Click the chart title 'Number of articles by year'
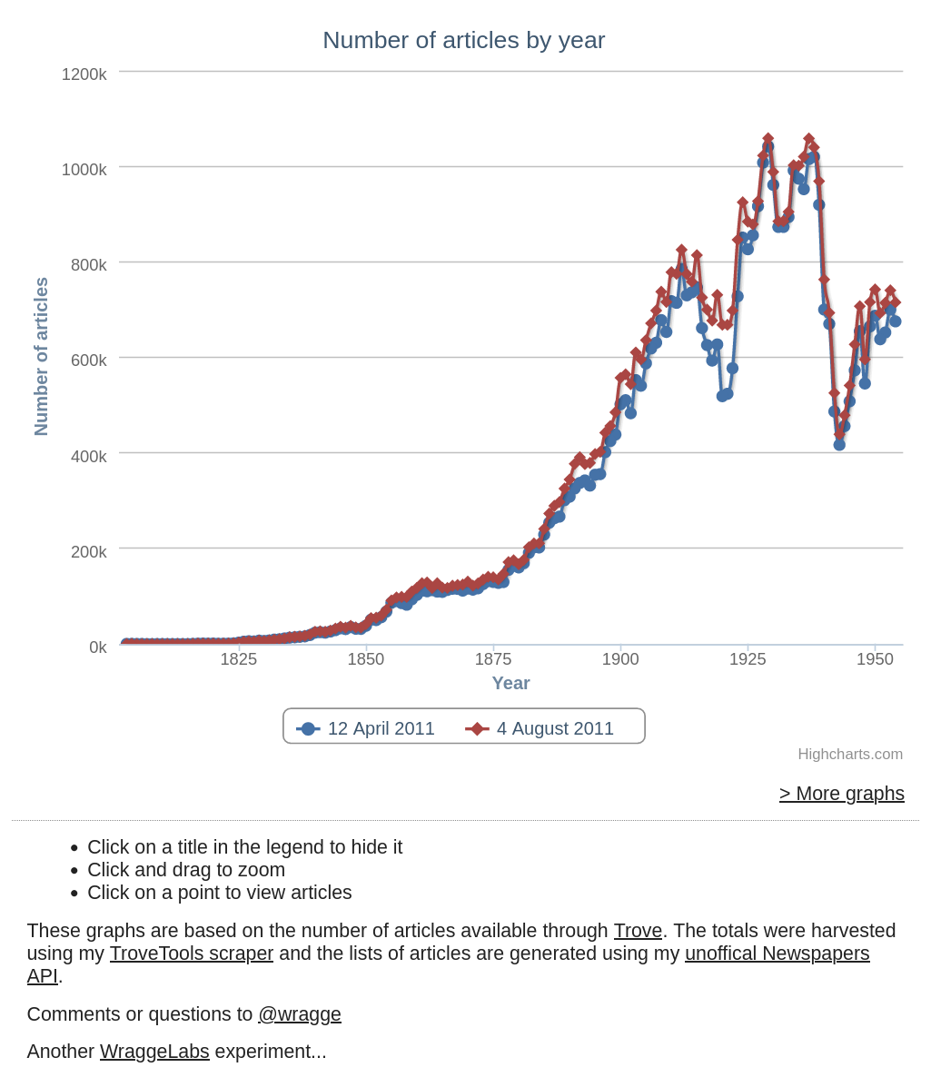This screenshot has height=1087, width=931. [x=463, y=41]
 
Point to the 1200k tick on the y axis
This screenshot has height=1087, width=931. [x=84, y=74]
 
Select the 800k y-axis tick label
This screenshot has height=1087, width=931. [x=88, y=265]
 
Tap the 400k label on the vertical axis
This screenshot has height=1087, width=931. [x=88, y=456]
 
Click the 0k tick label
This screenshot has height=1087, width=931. [x=97, y=647]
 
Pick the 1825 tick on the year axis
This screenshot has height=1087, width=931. [x=239, y=659]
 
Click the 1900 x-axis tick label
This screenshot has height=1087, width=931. [x=620, y=659]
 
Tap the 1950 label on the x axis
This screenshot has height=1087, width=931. [x=875, y=659]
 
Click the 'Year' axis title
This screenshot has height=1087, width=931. [x=510, y=683]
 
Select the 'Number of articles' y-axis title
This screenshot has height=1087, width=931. [x=41, y=356]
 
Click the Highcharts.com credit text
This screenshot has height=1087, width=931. [x=850, y=755]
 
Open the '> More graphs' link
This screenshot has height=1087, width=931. [x=841, y=794]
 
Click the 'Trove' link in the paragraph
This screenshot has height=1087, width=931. [x=638, y=931]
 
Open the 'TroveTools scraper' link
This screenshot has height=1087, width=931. [x=192, y=954]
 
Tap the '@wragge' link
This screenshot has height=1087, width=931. [x=300, y=1014]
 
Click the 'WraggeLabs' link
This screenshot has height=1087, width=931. [x=154, y=1052]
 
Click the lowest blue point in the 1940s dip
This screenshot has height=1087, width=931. [x=839, y=444]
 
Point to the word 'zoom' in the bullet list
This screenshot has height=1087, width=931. [x=262, y=870]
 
